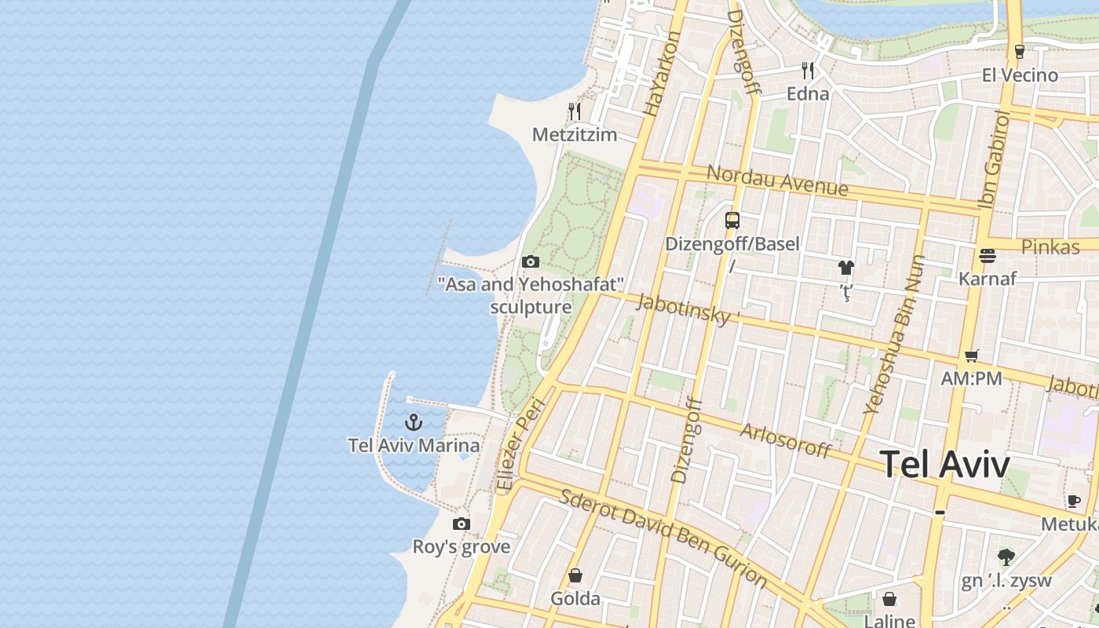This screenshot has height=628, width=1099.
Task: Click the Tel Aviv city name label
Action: [944, 464]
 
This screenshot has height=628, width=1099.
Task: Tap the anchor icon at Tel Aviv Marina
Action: [414, 422]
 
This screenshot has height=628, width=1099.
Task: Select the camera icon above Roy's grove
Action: [462, 524]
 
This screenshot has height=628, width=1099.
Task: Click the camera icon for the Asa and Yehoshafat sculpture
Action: [531, 261]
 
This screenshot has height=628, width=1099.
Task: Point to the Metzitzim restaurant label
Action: [575, 135]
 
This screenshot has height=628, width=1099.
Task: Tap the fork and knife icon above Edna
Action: [808, 71]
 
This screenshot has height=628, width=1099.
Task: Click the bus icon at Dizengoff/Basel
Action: [732, 221]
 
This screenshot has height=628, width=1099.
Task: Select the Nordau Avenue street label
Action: [777, 181]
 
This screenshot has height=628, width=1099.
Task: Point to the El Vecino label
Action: [1020, 75]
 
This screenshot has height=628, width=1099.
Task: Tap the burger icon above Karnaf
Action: [988, 256]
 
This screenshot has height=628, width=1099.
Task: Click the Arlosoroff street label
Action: [785, 440]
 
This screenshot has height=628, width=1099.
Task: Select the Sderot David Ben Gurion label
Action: [663, 538]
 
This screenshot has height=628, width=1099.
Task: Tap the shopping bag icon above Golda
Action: [575, 576]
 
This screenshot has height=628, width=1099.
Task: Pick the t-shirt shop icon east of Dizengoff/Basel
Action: [845, 268]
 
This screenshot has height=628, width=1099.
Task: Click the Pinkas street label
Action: [1050, 246]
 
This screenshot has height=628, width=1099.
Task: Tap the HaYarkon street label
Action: [661, 75]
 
